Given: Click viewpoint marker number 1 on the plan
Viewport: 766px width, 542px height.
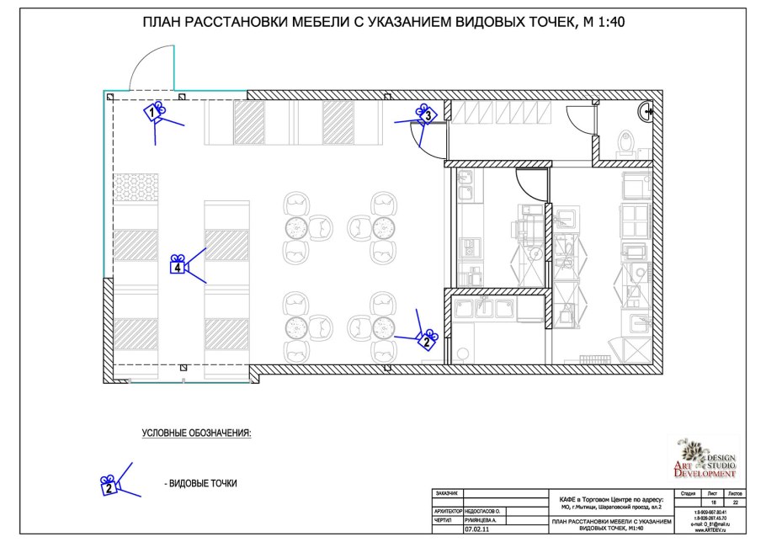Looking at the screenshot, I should pos(154,111).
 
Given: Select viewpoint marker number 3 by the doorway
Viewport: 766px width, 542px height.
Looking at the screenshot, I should pos(426,114).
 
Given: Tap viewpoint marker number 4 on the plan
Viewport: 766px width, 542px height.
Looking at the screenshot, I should pos(178,266).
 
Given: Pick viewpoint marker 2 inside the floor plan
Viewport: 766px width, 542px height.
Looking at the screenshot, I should pos(427,340).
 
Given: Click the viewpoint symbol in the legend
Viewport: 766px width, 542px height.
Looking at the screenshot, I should pos(110,483).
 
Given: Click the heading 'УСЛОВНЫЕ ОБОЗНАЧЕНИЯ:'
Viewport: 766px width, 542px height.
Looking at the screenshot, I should pos(196,433).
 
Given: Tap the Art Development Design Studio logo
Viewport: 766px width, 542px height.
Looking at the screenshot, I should pos(705,460).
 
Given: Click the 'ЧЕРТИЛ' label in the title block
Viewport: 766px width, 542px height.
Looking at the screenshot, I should pos(444,521).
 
